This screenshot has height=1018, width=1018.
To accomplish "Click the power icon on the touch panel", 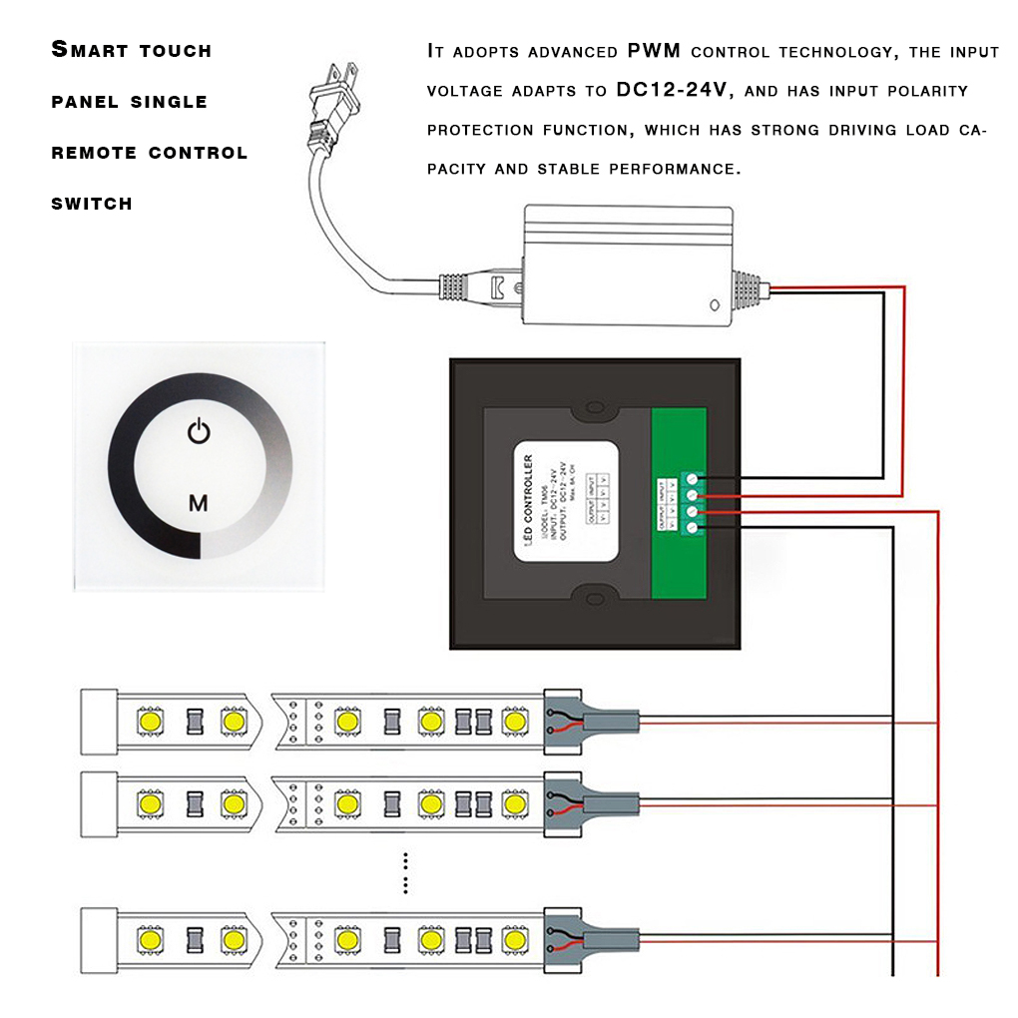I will (x=199, y=432).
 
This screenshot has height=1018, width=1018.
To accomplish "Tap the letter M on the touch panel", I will (x=199, y=503).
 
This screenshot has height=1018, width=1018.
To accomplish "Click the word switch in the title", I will (x=92, y=204).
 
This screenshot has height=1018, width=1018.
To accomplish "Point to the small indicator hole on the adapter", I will (x=714, y=305).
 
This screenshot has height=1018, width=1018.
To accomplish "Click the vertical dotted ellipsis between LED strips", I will (x=405, y=872).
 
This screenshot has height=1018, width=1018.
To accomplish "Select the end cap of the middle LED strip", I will (x=99, y=802).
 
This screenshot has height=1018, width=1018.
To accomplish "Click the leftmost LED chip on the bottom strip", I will (x=151, y=939).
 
